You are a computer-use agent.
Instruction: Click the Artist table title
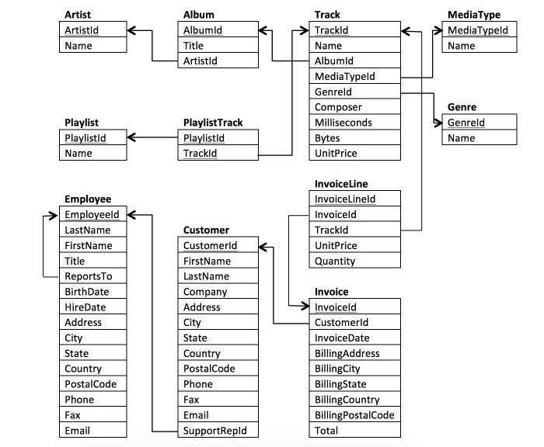point(77,15)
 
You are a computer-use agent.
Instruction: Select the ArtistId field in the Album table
point(200,61)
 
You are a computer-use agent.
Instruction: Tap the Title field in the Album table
point(194,46)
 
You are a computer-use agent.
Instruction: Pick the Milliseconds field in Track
point(343,123)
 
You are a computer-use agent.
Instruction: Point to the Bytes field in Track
point(327,138)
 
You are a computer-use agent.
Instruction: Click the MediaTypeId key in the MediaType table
point(477,30)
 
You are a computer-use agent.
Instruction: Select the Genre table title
point(462,107)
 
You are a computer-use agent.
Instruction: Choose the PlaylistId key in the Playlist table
point(85,138)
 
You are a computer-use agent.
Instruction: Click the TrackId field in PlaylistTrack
point(200,154)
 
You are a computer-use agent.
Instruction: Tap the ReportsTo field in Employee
point(88,276)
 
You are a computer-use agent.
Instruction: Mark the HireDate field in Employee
point(86,307)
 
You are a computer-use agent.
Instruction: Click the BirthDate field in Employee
point(86,292)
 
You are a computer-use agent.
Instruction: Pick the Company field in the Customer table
point(205,292)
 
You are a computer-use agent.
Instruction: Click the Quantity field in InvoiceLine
point(334,261)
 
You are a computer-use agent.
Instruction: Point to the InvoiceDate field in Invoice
point(342,338)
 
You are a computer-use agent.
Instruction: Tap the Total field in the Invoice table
point(326,430)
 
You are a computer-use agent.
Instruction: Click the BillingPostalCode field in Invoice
point(354,414)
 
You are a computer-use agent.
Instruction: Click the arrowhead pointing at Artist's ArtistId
point(133,30)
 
